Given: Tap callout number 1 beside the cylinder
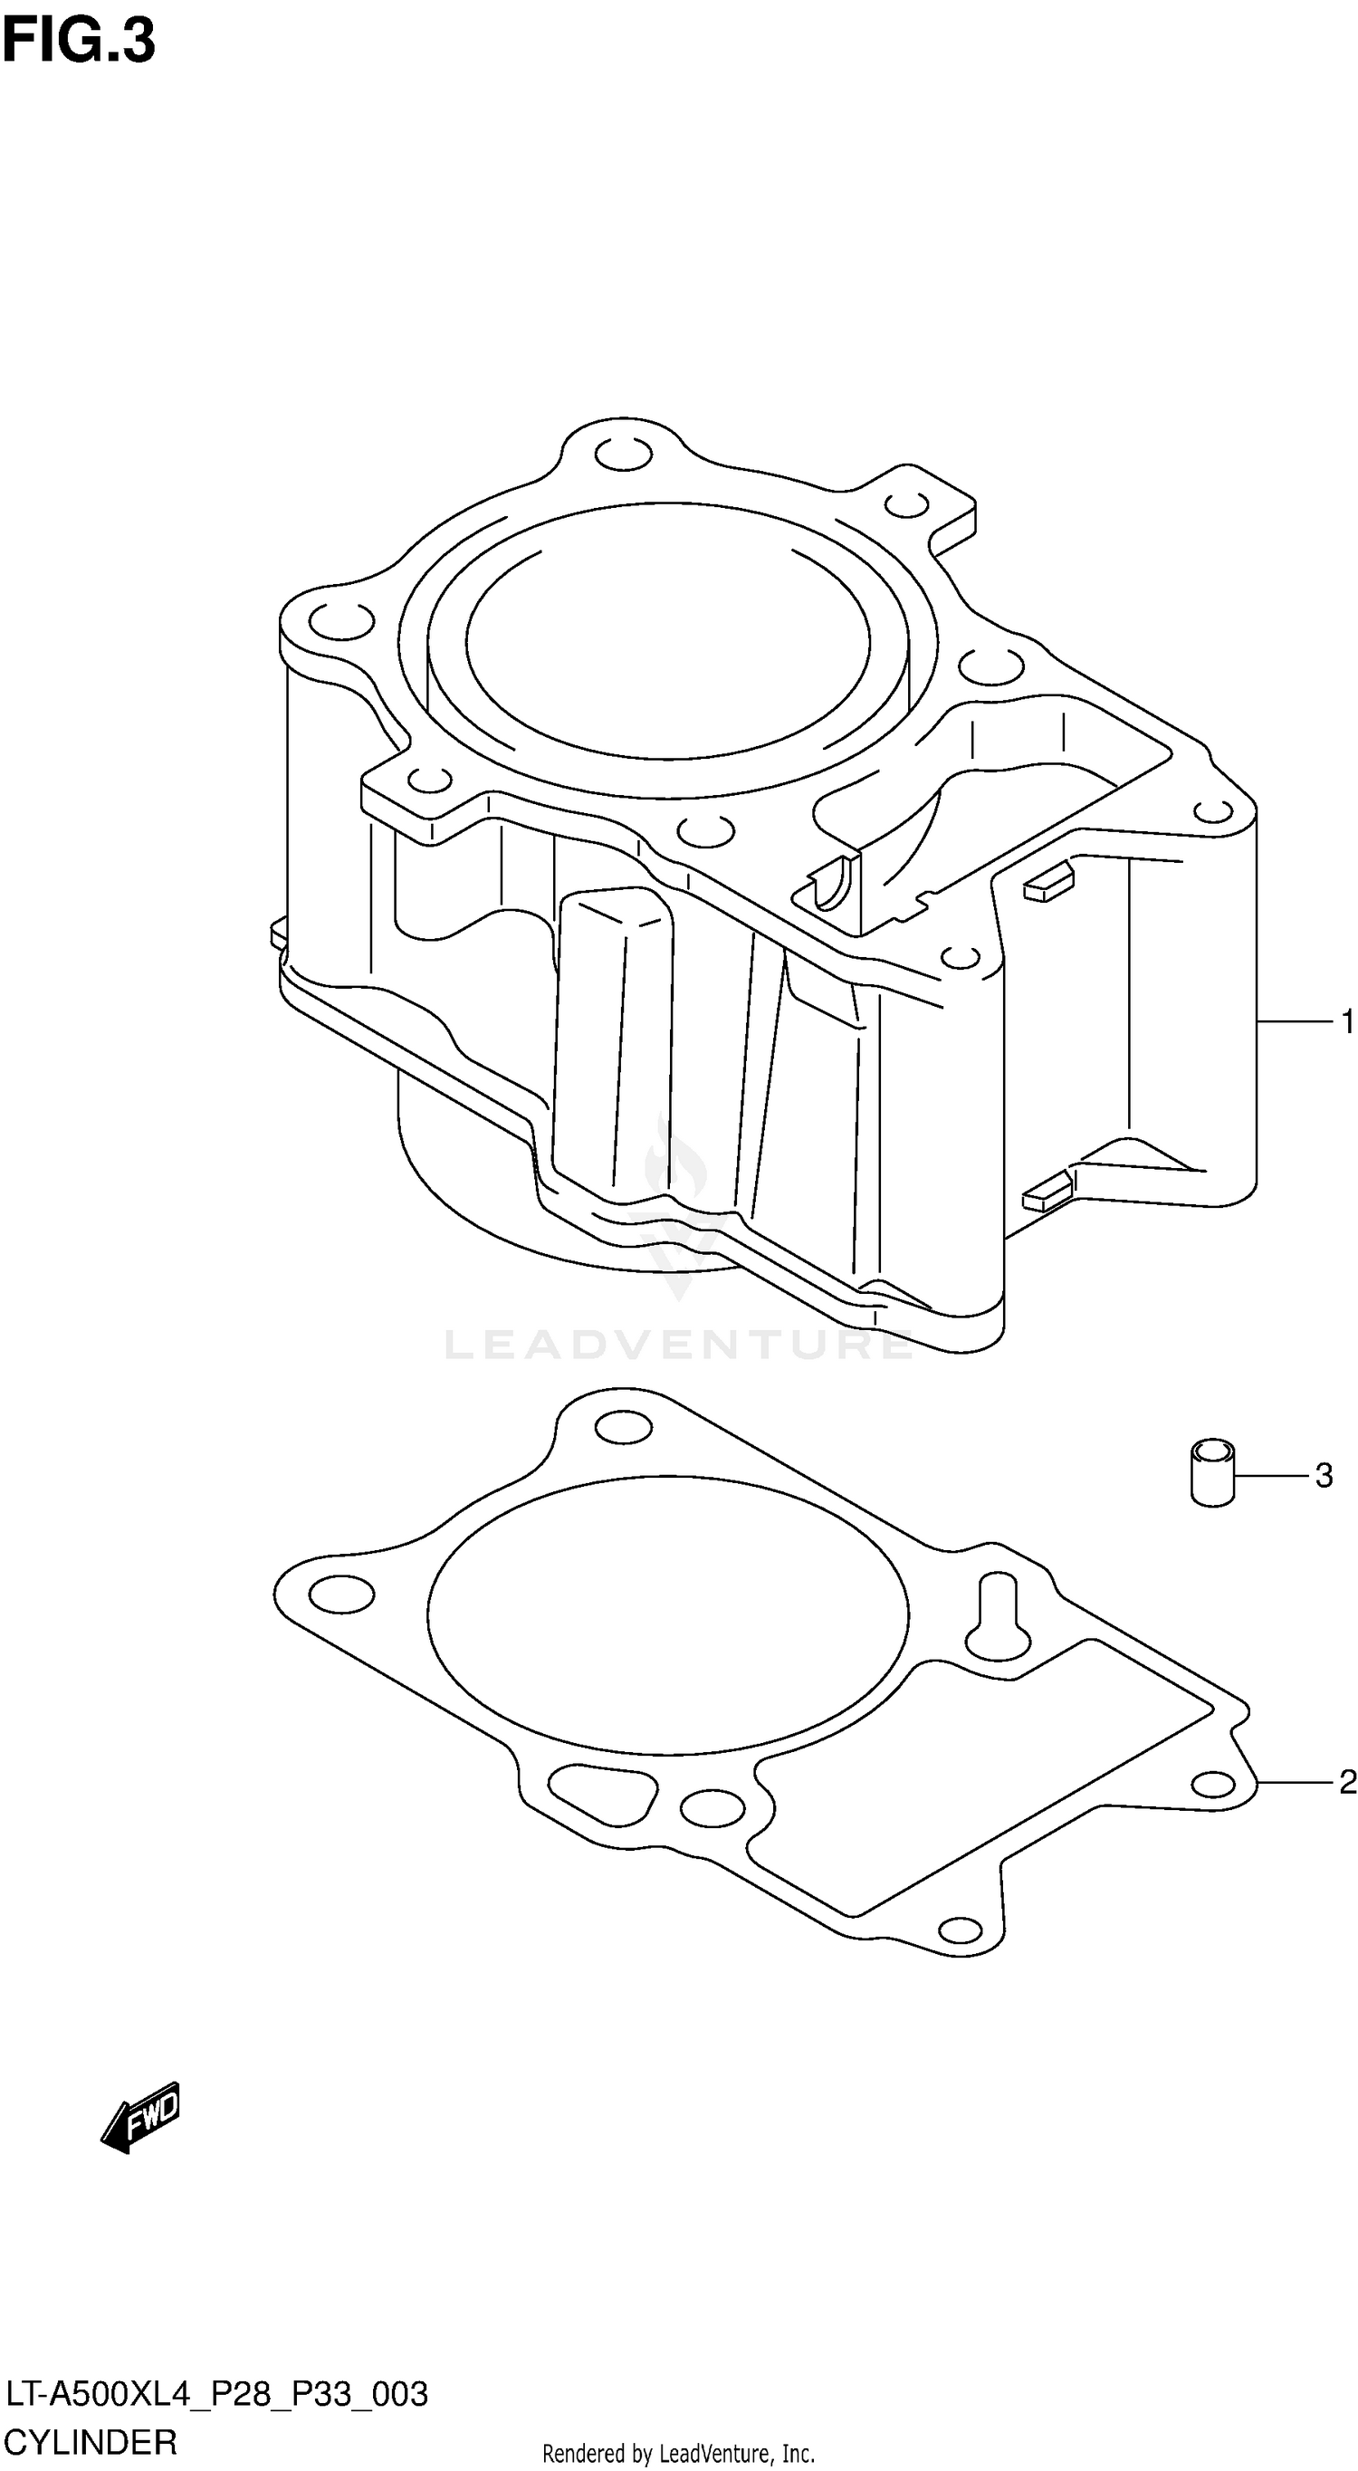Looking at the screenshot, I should pos(1346,1022).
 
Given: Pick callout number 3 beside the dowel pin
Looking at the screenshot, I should pos(1324,1475).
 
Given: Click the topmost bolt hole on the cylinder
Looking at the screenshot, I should pos(624,455).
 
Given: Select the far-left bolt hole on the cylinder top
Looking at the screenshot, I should pos(340,620).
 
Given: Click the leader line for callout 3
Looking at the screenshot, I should pos(1270,1474).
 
